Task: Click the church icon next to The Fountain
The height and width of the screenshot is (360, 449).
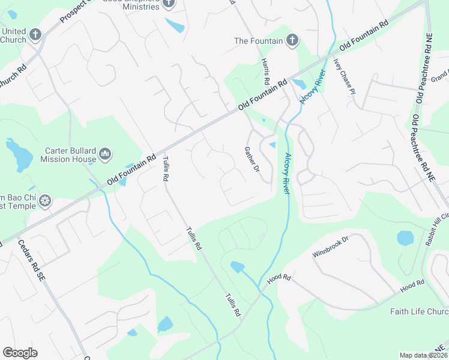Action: tap(292, 41)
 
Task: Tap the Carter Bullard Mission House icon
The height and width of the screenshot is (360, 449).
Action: tap(105, 155)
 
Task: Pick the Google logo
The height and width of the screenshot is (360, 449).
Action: tap(20, 353)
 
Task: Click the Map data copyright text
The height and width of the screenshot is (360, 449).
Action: tap(423, 355)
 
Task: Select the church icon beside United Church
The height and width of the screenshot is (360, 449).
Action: tap(35, 35)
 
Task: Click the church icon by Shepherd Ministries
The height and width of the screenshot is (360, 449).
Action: tap(169, 4)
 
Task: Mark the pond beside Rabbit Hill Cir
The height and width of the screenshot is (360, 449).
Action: tap(406, 238)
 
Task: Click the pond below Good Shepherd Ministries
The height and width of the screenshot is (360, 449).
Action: tap(175, 26)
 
